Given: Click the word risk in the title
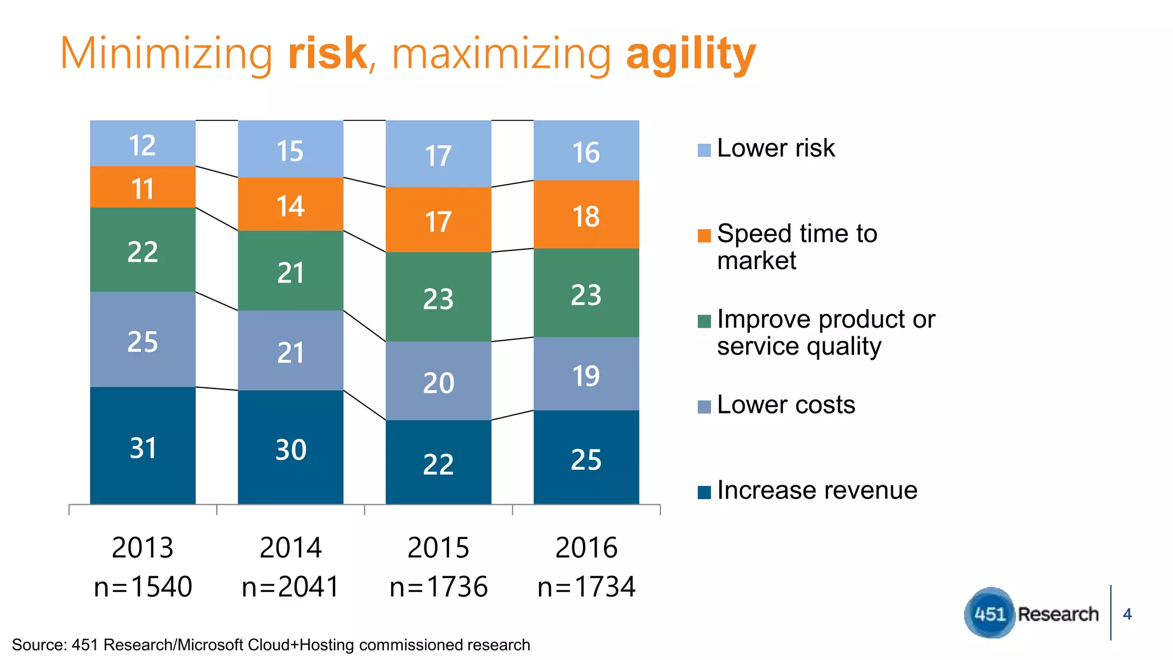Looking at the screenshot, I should tap(327, 53).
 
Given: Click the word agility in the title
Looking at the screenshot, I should tap(691, 54).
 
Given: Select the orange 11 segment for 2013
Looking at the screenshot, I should tap(143, 187).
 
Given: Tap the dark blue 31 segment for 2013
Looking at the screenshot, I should tap(143, 446).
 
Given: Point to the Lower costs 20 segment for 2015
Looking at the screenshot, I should tap(438, 381).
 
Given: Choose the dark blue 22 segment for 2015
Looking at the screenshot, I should tap(438, 463).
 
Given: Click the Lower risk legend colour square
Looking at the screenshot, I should tap(704, 150).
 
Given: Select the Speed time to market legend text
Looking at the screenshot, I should tap(796, 247).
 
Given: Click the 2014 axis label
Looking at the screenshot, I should tap(290, 548).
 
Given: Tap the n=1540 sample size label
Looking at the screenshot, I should tap(143, 587).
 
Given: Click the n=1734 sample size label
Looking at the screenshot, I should tap(586, 587).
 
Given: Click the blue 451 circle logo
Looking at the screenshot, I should tap(989, 613).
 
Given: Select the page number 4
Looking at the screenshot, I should tap(1127, 614).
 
